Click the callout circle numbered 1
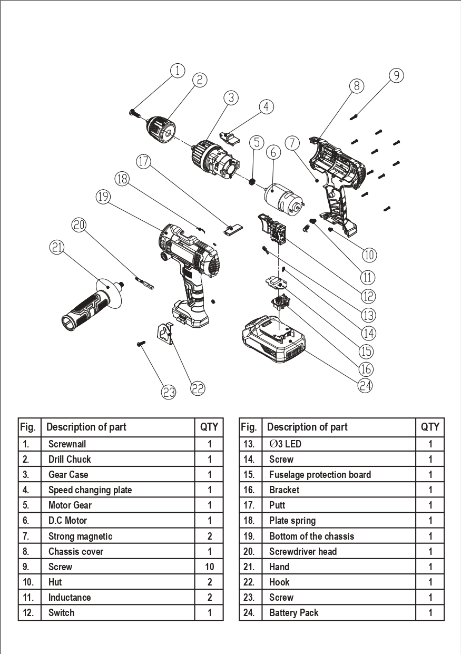click(x=178, y=71)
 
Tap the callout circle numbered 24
click(x=366, y=385)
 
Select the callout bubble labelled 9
click(x=397, y=75)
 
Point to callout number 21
click(x=57, y=246)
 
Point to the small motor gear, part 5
click(x=252, y=182)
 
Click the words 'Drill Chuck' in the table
click(x=70, y=459)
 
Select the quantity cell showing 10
click(x=209, y=567)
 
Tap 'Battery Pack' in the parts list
click(x=293, y=613)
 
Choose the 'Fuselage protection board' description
click(x=320, y=474)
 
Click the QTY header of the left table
click(x=209, y=427)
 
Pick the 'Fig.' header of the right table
click(x=248, y=427)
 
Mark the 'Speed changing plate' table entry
click(x=90, y=490)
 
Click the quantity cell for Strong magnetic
click(x=209, y=536)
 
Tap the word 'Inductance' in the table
click(x=70, y=597)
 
